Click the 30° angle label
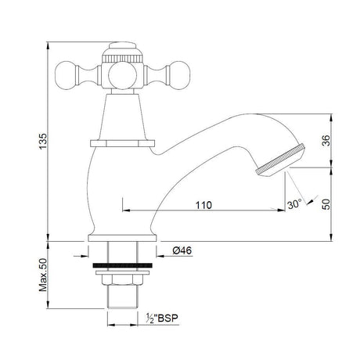click(293, 205)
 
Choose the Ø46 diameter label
click(182, 251)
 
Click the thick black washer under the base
click(121, 265)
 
